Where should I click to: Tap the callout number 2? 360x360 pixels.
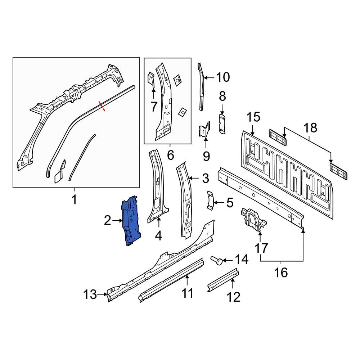pos(107,220)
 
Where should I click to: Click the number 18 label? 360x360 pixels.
pos(310,128)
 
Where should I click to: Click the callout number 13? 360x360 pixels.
pos(90,294)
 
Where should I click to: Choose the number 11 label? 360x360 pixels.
pos(187,293)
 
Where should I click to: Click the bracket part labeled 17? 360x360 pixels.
pos(253,219)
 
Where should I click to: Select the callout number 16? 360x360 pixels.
pos(281,273)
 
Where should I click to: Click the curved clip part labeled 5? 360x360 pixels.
pos(210,200)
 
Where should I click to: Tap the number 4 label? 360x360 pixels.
pos(158,236)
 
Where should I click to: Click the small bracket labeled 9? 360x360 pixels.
pos(204,130)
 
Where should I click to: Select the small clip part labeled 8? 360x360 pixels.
pos(222,124)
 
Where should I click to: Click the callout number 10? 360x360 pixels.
pos(223,77)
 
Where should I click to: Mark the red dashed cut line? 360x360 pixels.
pos(102,106)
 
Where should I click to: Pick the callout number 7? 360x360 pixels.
pos(154,107)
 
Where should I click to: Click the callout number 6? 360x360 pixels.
pos(170,156)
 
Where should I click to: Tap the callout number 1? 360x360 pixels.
pos(74,199)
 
